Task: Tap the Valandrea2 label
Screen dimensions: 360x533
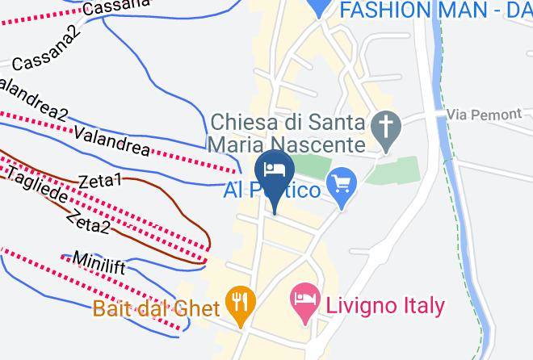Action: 32,98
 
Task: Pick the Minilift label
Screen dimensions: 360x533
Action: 99,262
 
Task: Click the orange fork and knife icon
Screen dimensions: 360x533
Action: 240,301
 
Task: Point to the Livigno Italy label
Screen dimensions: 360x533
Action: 384,306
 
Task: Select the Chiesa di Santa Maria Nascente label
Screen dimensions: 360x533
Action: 287,133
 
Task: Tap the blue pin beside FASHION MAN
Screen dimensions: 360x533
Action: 321,7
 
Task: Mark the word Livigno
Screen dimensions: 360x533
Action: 360,306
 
